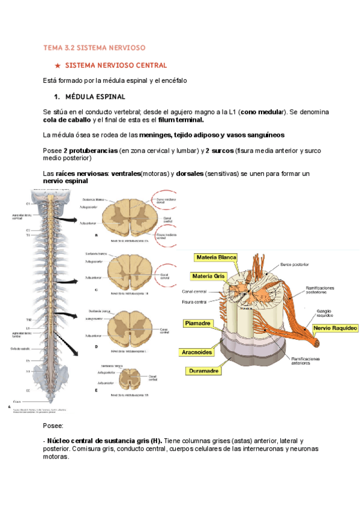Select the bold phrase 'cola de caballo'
click(67, 119)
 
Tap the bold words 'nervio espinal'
click(65, 181)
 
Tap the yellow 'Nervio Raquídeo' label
click(335, 328)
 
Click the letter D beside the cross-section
click(97, 346)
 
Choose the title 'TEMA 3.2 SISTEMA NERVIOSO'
click(94, 47)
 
